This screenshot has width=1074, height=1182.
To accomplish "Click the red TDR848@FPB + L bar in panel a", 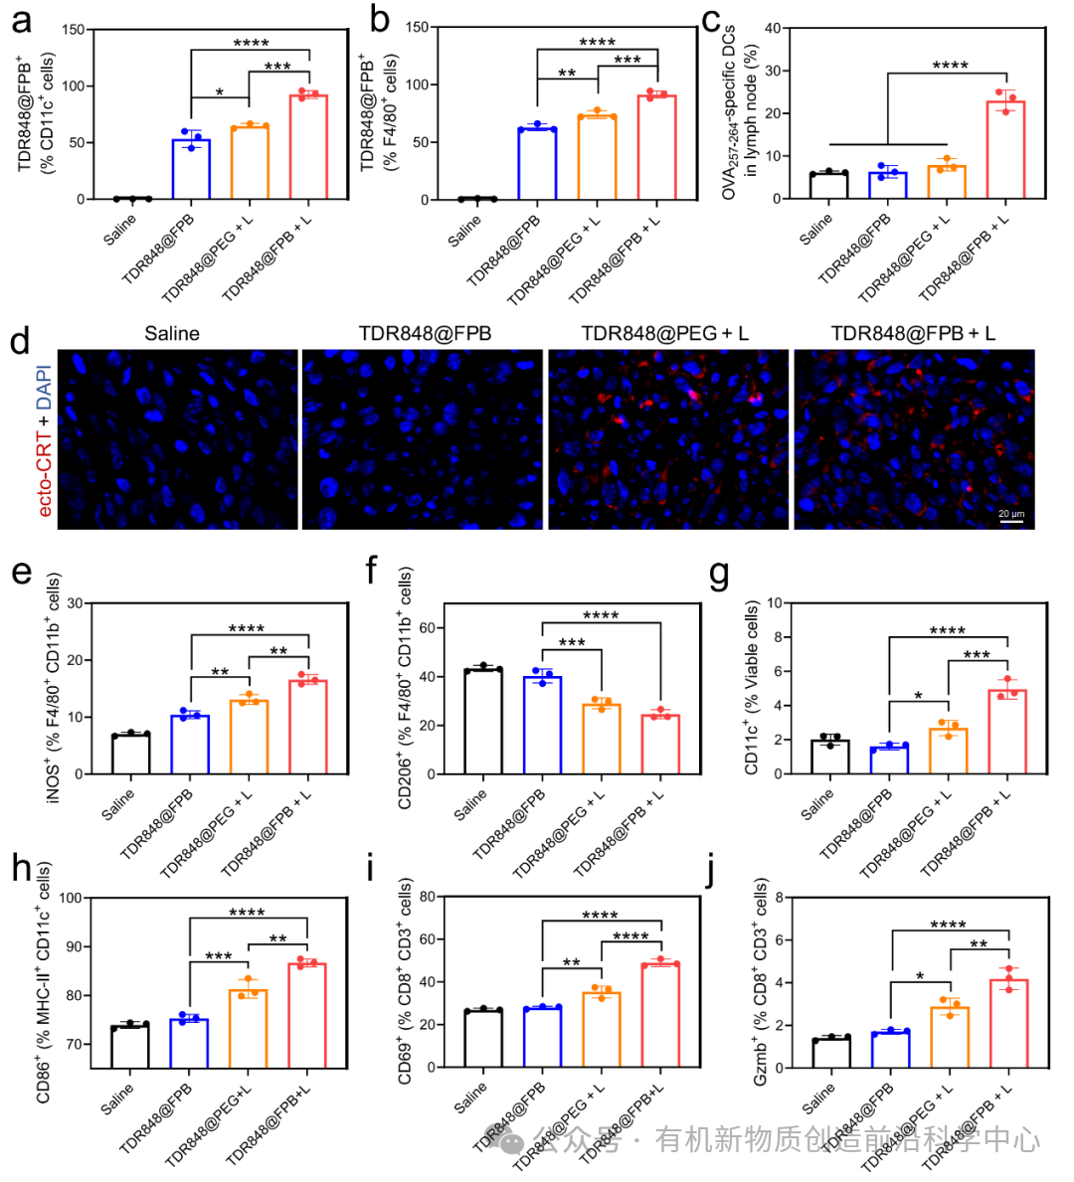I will (x=308, y=147).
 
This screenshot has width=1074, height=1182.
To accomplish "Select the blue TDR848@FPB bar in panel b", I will (x=537, y=164).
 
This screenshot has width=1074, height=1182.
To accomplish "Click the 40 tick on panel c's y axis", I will (x=772, y=28).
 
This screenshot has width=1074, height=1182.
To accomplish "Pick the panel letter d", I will (x=19, y=342).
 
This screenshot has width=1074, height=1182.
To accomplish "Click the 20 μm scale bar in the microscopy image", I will (x=1010, y=518).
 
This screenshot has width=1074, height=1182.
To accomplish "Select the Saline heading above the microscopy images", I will (x=172, y=334).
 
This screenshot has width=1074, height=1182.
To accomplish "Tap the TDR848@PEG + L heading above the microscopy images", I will (x=664, y=334).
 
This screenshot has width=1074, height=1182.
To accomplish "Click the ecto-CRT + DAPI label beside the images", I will (x=44, y=438).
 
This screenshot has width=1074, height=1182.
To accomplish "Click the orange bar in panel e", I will (x=249, y=737).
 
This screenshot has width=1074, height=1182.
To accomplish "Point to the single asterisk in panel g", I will (x=918, y=696).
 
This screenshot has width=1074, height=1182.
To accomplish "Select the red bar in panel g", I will (x=1007, y=732).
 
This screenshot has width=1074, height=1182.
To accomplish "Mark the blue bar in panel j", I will (x=891, y=1050).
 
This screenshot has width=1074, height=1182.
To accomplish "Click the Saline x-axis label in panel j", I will (x=818, y=1098).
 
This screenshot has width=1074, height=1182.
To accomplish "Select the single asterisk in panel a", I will (x=219, y=92).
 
